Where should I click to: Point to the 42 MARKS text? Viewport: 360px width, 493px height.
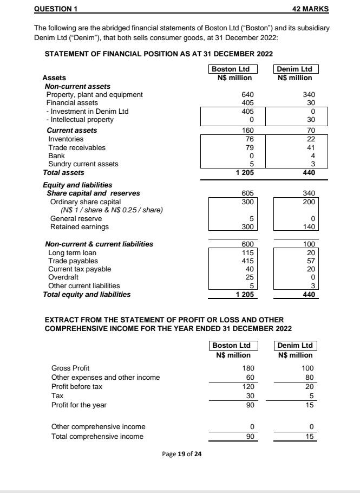coord(310,9)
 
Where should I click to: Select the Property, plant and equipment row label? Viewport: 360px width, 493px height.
coord(95,95)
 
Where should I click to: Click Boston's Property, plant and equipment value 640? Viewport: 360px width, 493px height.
coord(247,95)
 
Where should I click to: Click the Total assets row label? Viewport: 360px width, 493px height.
coord(63,172)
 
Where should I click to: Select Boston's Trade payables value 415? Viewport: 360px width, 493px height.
coord(247,261)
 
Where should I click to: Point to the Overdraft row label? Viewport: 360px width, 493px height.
coord(63,277)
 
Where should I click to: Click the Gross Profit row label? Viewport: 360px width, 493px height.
coord(70,368)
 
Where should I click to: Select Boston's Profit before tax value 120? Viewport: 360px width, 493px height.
coord(247,387)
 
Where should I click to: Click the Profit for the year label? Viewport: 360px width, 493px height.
coord(78,405)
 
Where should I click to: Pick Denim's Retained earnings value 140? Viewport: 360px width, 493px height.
coord(308,226)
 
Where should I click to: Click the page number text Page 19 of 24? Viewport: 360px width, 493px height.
coord(182,453)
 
